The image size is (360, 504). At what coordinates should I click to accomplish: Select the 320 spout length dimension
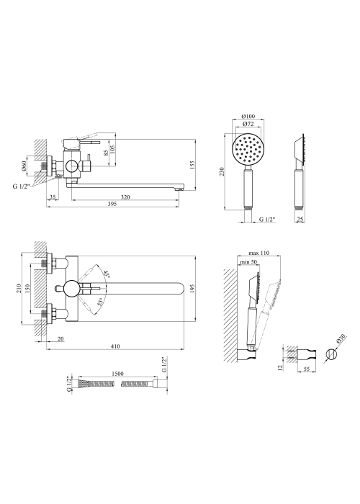click(x=125, y=197)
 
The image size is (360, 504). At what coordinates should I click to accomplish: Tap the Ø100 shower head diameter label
click(x=248, y=116)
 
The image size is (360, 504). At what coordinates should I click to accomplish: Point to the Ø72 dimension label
click(x=248, y=124)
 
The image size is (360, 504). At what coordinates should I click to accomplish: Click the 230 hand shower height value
click(x=222, y=171)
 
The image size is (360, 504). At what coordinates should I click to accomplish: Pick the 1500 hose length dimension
click(x=117, y=374)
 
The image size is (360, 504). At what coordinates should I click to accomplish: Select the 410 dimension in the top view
click(x=115, y=346)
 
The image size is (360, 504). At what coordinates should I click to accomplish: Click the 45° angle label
click(x=107, y=274)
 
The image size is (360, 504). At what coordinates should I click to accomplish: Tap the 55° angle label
click(x=101, y=301)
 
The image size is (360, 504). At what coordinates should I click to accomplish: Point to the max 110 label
click(x=258, y=253)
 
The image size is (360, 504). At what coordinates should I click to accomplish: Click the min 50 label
click(x=249, y=262)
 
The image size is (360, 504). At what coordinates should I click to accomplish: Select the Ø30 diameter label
click(x=341, y=339)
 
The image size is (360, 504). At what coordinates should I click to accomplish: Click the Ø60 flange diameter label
click(x=23, y=165)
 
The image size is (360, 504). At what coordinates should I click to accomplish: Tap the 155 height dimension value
click(x=192, y=164)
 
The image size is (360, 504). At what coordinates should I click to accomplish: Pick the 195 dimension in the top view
click(x=192, y=288)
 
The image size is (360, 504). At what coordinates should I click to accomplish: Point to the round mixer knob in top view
click(x=71, y=288)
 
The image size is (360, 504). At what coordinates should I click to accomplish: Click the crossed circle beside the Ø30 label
click(x=330, y=354)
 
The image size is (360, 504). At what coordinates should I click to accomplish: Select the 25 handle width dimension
click(x=300, y=220)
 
